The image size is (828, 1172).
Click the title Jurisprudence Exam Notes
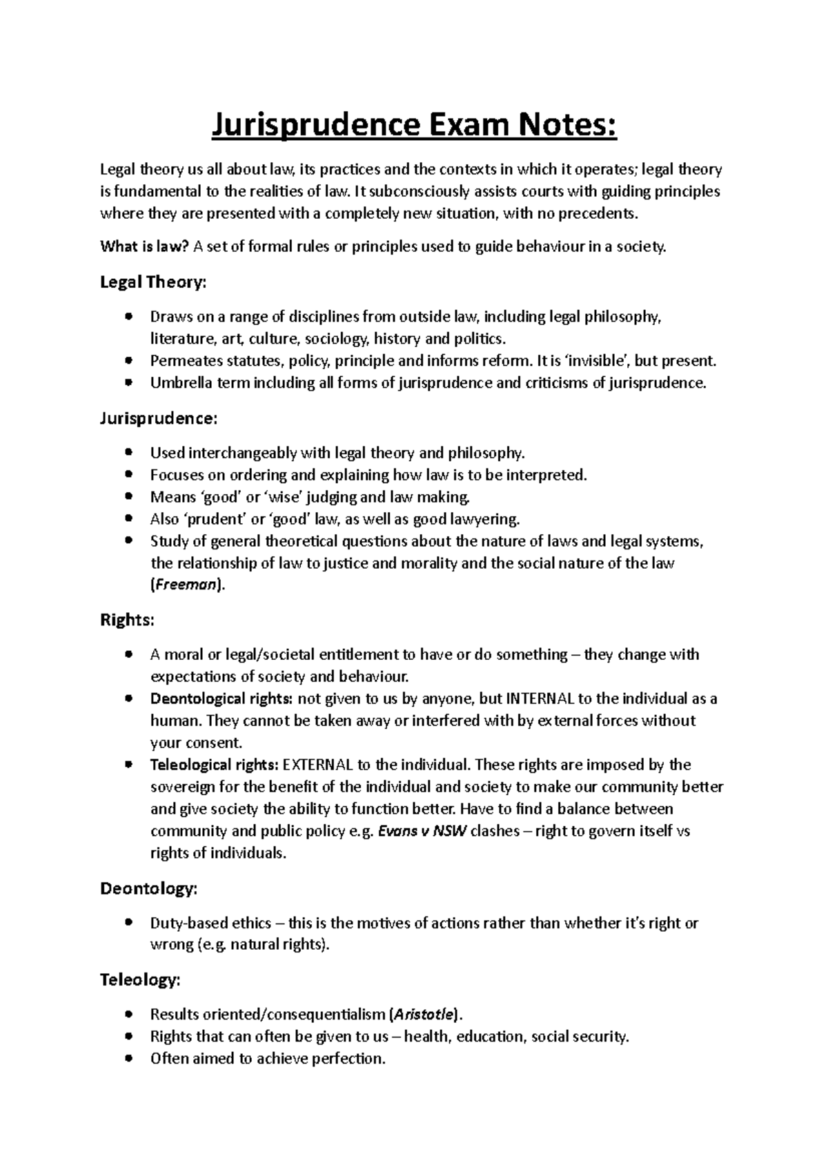click(x=413, y=126)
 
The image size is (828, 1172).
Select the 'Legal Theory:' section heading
click(x=153, y=282)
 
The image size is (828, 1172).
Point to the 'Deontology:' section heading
click(x=149, y=888)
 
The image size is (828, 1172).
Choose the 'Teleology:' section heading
click(x=141, y=979)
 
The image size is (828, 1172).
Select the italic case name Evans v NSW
click(x=423, y=831)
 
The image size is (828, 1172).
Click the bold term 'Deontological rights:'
click(x=221, y=699)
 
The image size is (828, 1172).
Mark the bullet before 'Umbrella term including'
click(x=128, y=383)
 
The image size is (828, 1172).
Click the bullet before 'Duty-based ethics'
click(x=128, y=924)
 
